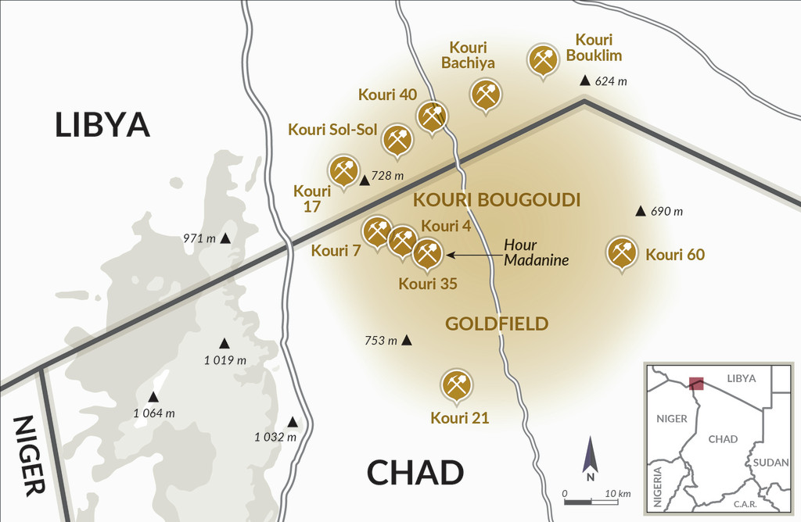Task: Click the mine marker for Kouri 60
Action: (x=622, y=252)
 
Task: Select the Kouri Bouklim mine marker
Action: (x=543, y=59)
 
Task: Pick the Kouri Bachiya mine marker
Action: (x=485, y=95)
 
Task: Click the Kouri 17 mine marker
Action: (x=343, y=170)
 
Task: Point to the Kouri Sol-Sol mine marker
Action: (x=397, y=140)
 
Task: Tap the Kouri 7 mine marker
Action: (x=377, y=231)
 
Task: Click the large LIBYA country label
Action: (x=102, y=125)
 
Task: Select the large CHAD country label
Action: (x=415, y=473)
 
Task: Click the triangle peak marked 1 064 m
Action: (x=153, y=396)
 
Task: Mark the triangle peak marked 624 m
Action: (x=584, y=80)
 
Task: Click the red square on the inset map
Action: (x=695, y=383)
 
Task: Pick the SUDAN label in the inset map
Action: (x=770, y=463)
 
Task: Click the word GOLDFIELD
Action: (x=497, y=323)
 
